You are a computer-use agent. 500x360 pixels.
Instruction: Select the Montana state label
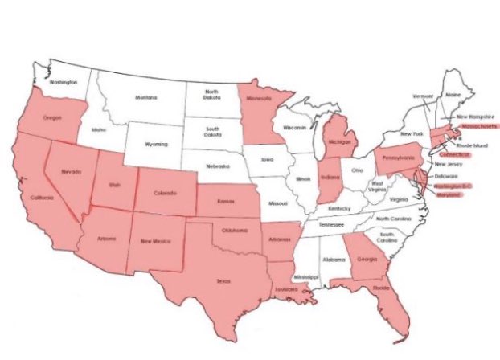146,98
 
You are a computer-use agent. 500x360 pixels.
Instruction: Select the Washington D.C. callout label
453,186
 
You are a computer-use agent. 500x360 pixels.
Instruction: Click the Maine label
453,96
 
